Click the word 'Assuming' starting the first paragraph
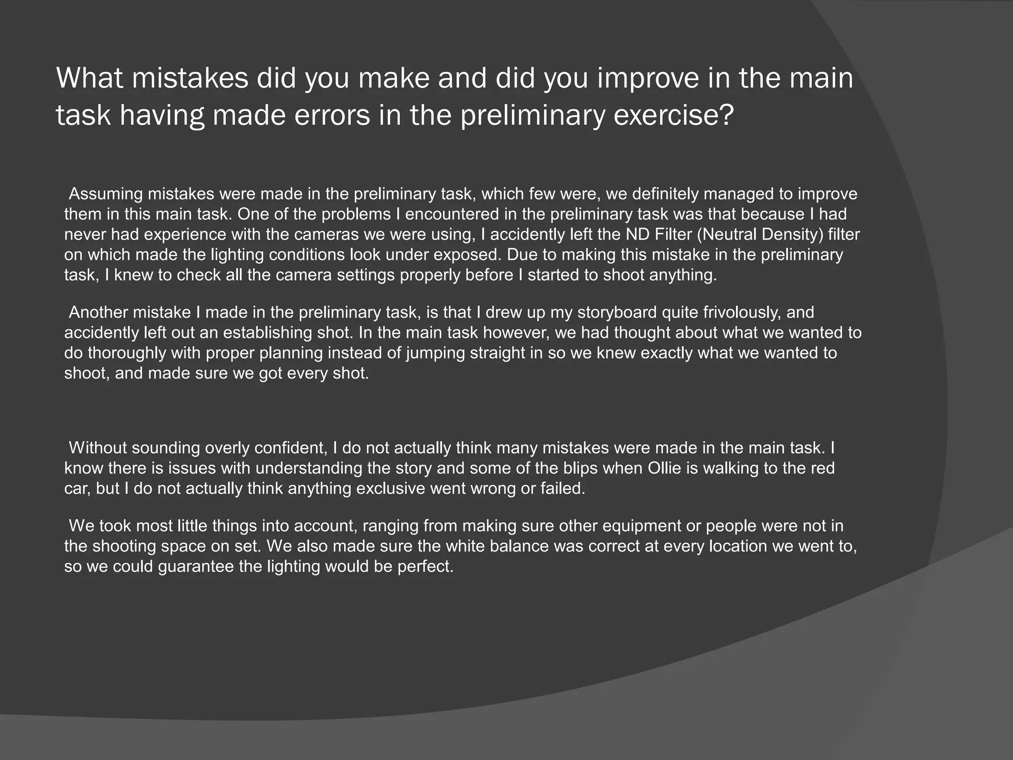pyautogui.click(x=106, y=194)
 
